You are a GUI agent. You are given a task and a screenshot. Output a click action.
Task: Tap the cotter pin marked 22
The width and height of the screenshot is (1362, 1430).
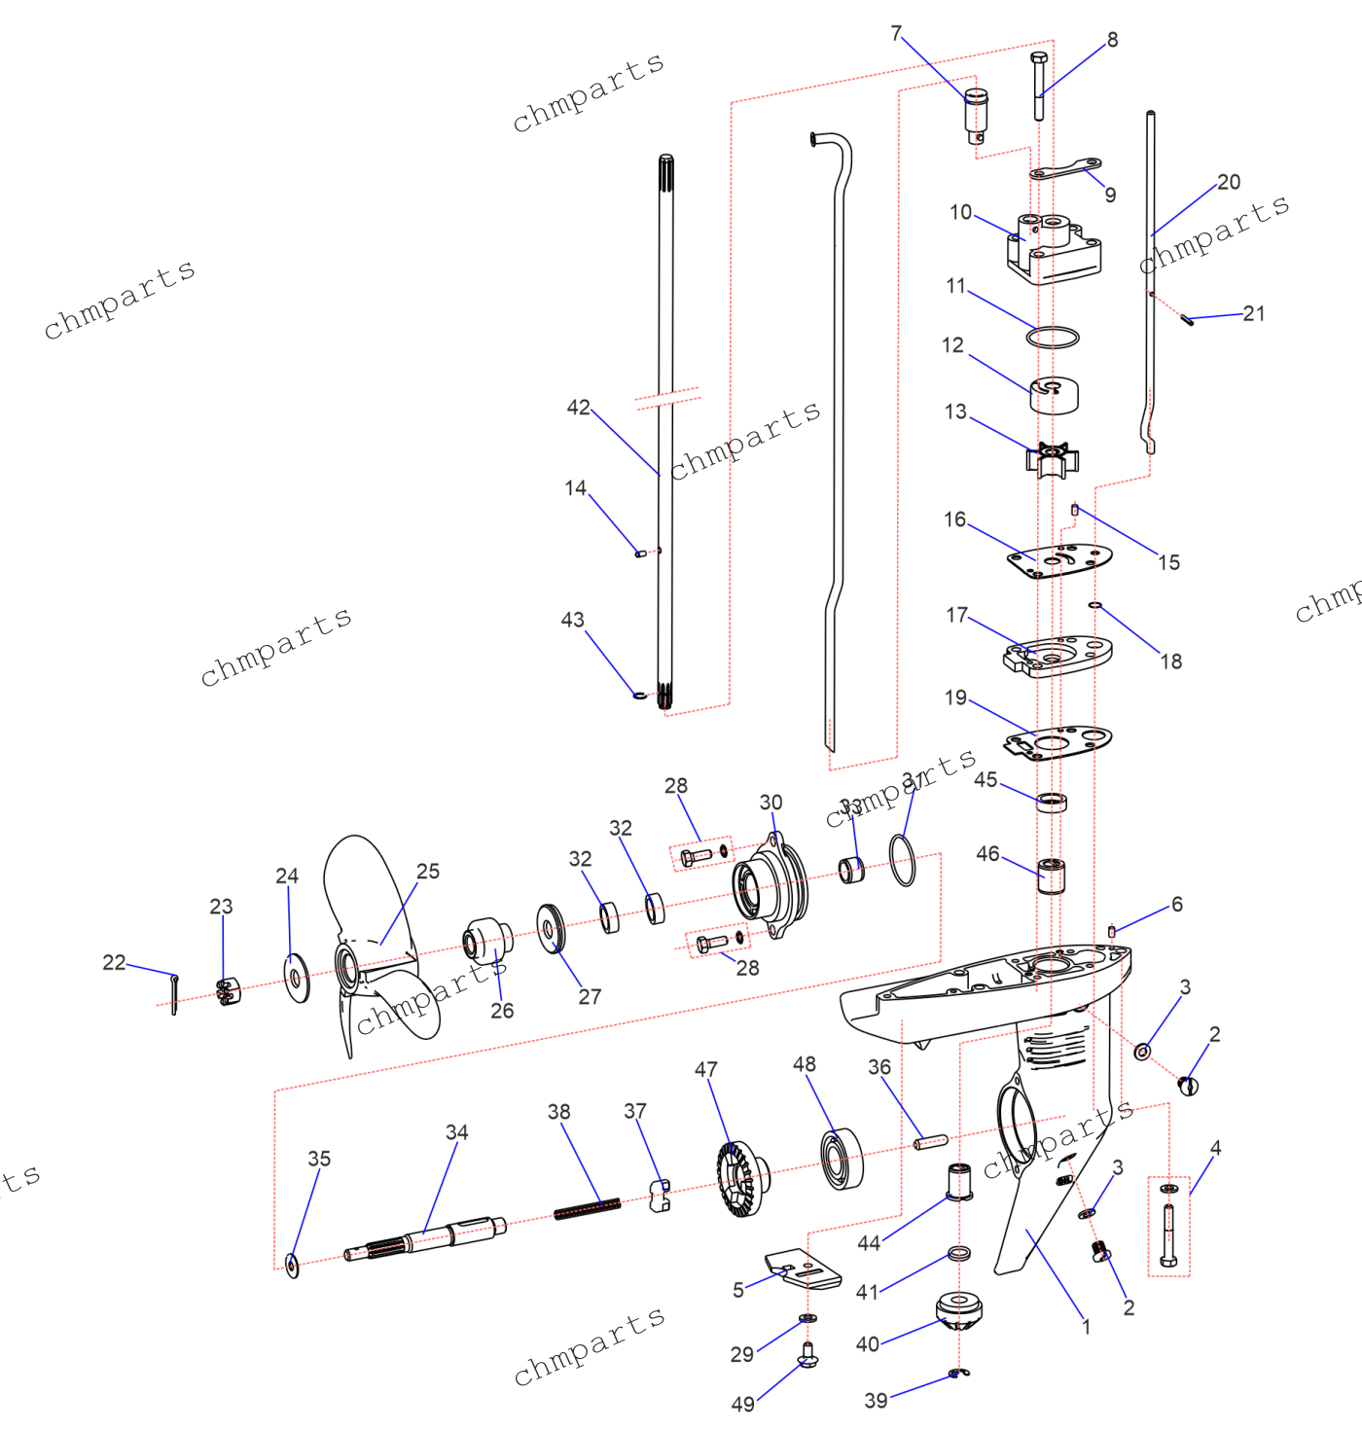click(174, 993)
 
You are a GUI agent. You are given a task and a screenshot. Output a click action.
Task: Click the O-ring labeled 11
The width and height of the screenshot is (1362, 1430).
click(1053, 338)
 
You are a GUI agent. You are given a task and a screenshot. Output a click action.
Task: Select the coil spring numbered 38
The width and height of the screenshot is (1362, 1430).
click(587, 1209)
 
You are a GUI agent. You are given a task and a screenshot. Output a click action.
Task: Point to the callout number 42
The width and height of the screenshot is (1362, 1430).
click(578, 408)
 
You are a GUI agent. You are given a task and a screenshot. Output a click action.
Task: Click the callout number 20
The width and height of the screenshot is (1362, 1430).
click(1229, 182)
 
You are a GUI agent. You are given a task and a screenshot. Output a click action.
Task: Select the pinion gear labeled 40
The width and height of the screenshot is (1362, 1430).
click(959, 1311)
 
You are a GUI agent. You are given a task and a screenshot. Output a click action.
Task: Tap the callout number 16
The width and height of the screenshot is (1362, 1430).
click(954, 519)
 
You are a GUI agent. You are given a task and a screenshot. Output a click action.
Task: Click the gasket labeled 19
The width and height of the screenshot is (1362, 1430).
click(1057, 742)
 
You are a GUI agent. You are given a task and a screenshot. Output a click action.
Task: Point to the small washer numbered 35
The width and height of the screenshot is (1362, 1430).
click(292, 1265)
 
